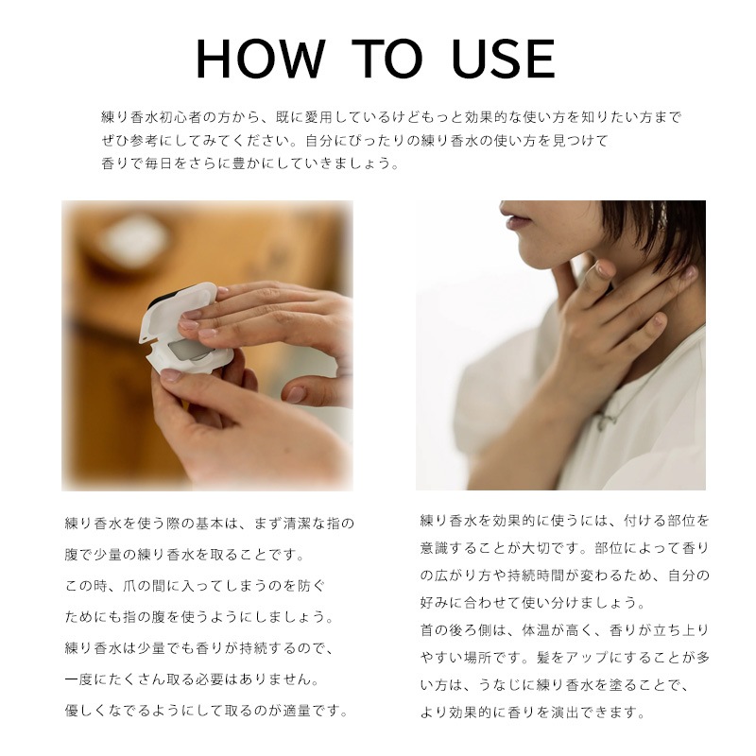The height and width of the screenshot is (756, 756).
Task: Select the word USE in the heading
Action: click(504, 59)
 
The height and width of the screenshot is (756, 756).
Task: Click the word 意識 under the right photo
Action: click(435, 548)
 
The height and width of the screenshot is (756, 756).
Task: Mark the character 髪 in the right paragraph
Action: click(543, 658)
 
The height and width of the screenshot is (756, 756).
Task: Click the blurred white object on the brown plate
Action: click(136, 240)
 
